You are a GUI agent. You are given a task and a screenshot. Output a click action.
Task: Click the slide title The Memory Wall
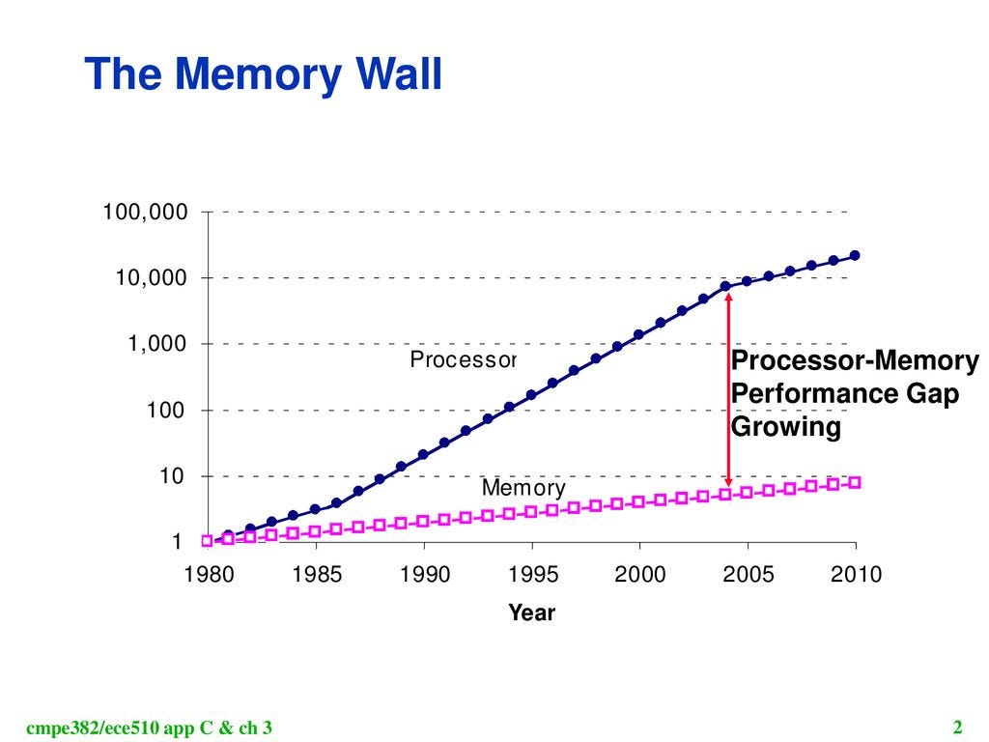pyautogui.click(x=263, y=74)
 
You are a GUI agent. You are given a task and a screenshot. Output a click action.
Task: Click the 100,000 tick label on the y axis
pyautogui.click(x=145, y=212)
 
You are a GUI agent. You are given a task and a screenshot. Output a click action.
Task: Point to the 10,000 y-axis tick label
pyautogui.click(x=152, y=277)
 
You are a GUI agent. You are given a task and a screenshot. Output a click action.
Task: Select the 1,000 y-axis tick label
pyautogui.click(x=157, y=344)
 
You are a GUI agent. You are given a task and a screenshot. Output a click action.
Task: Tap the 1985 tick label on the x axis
pyautogui.click(x=317, y=574)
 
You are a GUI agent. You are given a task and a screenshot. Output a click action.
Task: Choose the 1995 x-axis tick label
pyautogui.click(x=533, y=574)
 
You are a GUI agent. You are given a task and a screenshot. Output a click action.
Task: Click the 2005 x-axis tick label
pyautogui.click(x=749, y=574)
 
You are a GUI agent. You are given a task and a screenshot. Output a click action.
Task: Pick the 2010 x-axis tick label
pyautogui.click(x=856, y=574)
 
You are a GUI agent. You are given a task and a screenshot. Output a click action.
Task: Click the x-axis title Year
pyautogui.click(x=532, y=613)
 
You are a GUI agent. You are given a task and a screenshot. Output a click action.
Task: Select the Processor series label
pyautogui.click(x=463, y=359)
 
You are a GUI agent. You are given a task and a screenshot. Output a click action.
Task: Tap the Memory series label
pyautogui.click(x=523, y=488)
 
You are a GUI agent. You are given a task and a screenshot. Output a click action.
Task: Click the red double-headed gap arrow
pyautogui.click(x=728, y=389)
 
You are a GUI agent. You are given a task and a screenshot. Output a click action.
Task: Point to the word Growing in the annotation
pyautogui.click(x=786, y=426)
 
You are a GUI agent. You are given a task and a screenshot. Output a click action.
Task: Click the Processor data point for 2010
pyautogui.click(x=856, y=255)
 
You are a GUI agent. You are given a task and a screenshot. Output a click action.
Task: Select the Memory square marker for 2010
pyautogui.click(x=856, y=483)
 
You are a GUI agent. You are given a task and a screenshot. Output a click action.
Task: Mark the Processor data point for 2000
pyautogui.click(x=639, y=334)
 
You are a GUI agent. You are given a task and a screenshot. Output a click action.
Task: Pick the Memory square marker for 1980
pyautogui.click(x=207, y=541)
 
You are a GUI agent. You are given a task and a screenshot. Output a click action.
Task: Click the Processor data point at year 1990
pyautogui.click(x=423, y=454)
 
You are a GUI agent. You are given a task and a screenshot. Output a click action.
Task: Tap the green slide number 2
pyautogui.click(x=957, y=728)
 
